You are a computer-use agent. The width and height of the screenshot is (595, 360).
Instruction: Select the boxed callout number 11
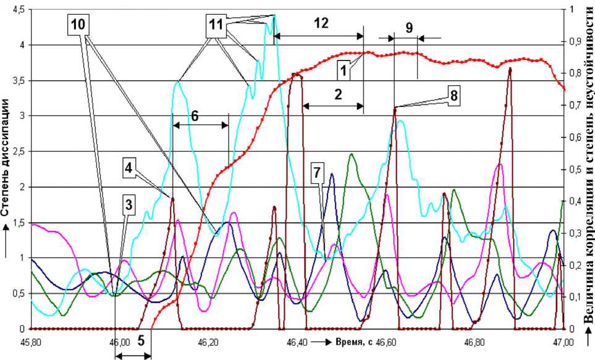[x=216, y=25]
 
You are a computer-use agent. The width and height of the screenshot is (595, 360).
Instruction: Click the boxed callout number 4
[x=129, y=167]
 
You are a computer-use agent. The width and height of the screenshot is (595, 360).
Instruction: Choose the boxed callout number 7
[x=316, y=175]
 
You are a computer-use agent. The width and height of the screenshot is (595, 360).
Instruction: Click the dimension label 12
[x=321, y=23]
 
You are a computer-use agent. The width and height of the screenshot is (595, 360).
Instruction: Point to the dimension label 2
[x=338, y=94]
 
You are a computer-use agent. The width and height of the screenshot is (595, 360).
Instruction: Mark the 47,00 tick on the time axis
[x=562, y=341]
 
